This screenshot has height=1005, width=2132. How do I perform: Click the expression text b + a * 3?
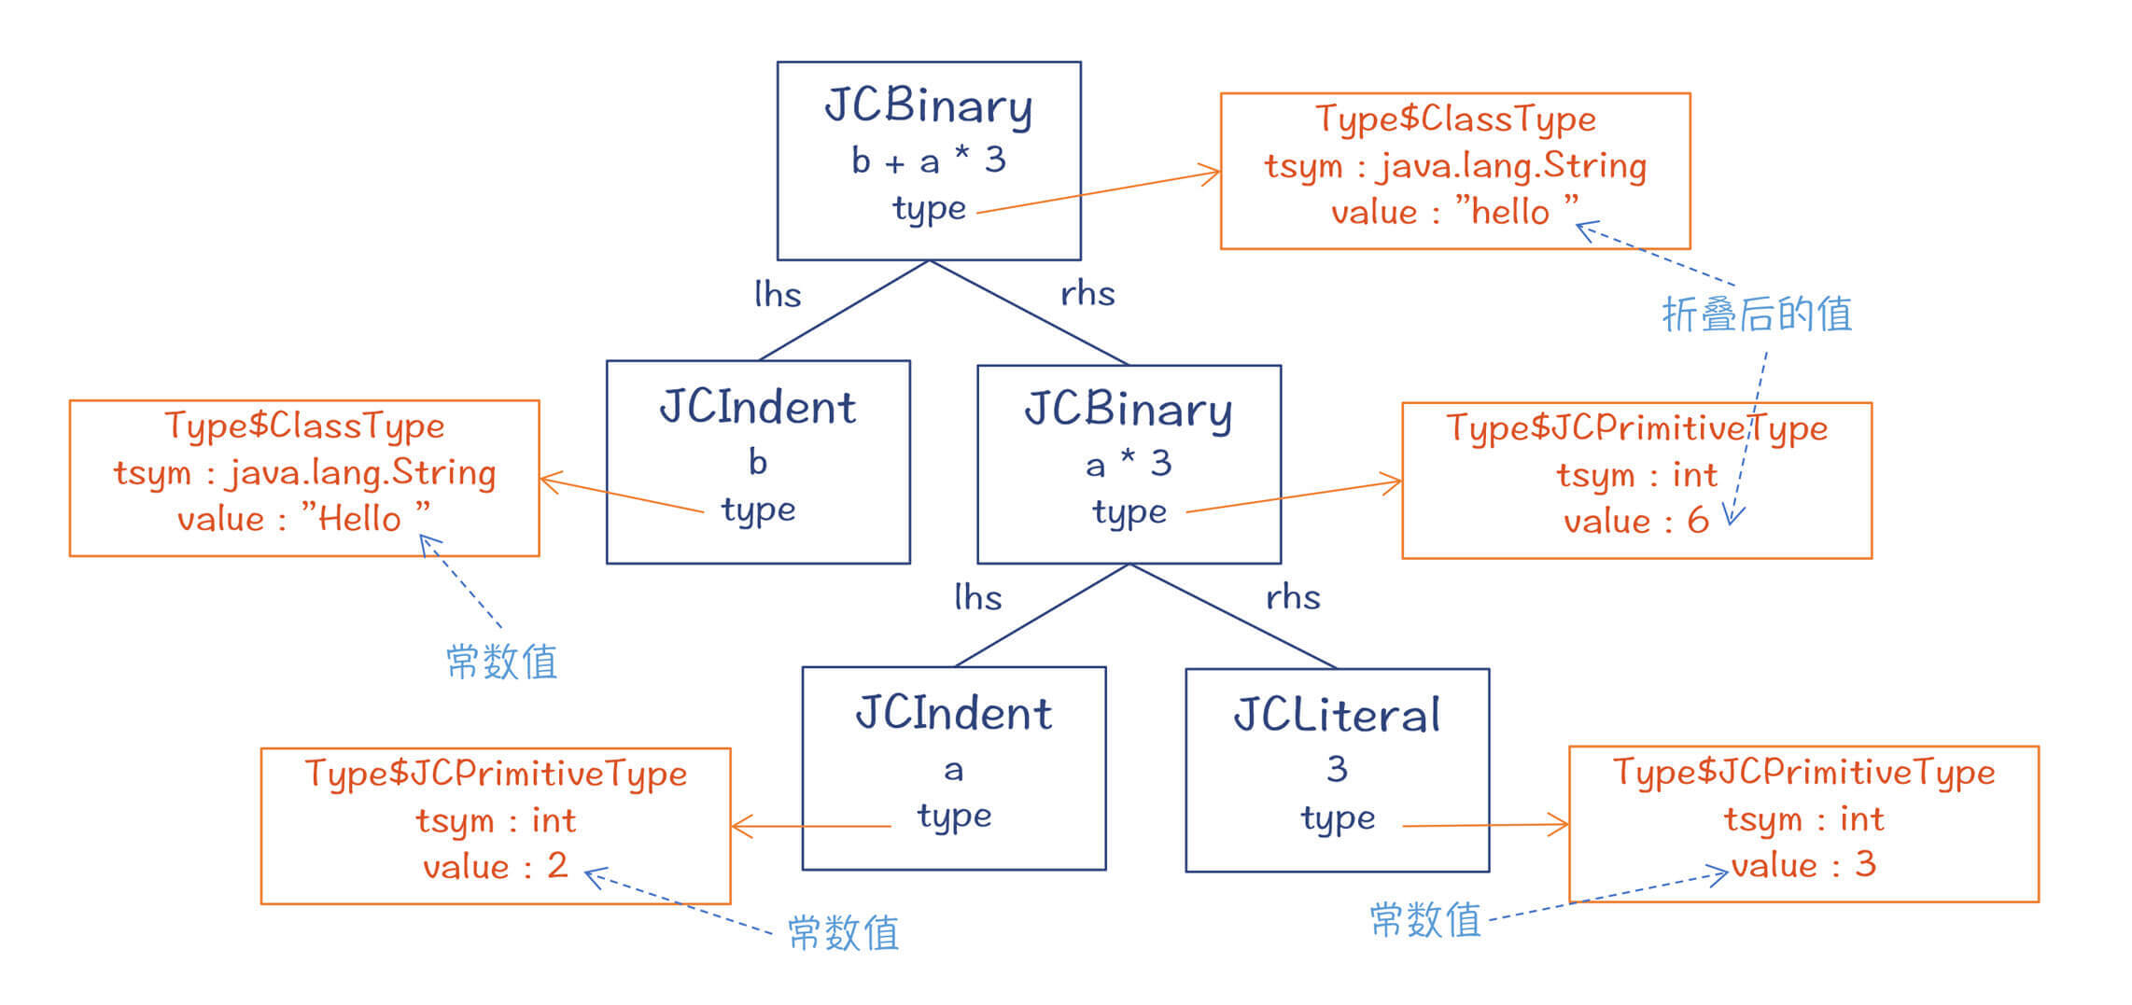click(928, 161)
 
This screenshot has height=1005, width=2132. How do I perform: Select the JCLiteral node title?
click(1337, 717)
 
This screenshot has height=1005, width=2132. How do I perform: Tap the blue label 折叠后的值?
click(1757, 315)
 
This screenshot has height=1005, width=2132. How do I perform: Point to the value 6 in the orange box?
click(1698, 521)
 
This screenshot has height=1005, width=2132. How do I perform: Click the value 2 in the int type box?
click(557, 866)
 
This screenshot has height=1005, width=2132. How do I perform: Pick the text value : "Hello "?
click(304, 518)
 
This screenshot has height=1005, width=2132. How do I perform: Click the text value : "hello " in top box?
click(1454, 212)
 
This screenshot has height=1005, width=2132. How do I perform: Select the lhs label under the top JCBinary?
click(778, 295)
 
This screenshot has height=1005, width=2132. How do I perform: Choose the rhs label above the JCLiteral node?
click(1293, 597)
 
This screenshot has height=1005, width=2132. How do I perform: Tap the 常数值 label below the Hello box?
click(502, 663)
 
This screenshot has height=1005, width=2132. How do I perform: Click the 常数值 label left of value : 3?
click(1425, 920)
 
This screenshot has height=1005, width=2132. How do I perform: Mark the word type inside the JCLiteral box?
click(1338, 818)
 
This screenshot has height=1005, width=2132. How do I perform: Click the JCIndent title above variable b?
click(757, 408)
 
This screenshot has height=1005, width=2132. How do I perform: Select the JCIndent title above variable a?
click(953, 714)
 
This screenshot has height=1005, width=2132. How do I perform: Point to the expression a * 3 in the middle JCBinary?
click(1129, 463)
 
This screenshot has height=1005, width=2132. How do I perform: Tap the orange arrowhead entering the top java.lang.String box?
click(1212, 174)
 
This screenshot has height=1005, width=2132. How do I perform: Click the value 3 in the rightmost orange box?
click(1865, 864)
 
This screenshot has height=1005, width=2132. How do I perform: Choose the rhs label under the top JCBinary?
click(1087, 294)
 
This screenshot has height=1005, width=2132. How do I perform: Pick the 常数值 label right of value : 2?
click(843, 933)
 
